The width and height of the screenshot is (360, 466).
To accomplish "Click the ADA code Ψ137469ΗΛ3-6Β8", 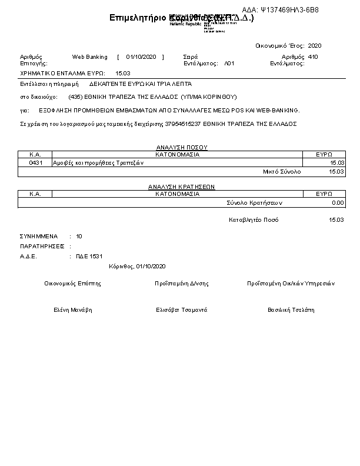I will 289,10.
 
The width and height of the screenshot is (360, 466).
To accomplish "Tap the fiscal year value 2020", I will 315,45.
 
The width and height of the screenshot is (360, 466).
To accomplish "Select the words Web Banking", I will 89,57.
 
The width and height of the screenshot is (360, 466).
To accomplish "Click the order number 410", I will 313,57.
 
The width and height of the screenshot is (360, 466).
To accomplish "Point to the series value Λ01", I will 229,63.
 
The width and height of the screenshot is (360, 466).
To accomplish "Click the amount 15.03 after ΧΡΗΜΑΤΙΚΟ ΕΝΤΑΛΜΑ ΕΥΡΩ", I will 123,73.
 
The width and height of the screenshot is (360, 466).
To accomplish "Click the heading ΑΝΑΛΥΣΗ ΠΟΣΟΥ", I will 182,147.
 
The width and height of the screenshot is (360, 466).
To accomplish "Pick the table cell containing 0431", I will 35,162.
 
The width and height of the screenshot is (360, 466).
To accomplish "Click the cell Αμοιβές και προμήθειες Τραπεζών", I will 95,162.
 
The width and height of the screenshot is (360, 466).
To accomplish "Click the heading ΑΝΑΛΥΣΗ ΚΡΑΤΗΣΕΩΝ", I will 181,187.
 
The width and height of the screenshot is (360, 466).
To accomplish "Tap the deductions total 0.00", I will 337,202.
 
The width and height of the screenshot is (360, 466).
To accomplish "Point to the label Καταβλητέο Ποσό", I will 253,219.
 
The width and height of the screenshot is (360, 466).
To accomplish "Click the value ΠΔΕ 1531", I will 89,257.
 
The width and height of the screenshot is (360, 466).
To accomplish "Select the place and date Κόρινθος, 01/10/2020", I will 137,267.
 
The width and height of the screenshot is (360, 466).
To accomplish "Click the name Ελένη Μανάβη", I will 73,310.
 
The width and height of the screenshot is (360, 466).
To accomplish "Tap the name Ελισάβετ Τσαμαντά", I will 181,310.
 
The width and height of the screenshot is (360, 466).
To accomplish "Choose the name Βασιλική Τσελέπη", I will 291,310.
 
